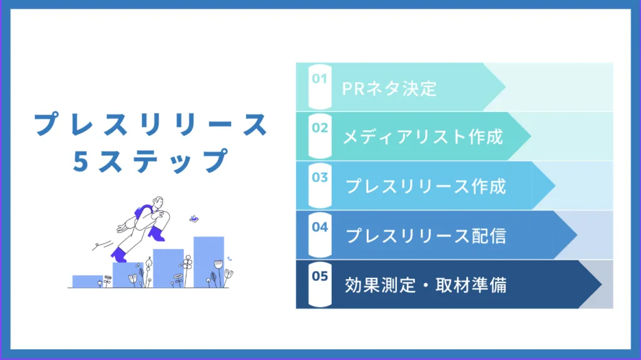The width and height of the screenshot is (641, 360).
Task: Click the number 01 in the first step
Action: coord(320,79)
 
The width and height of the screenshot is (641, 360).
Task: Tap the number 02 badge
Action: coord(320,128)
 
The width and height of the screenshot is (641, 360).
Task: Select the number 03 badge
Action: coord(320,177)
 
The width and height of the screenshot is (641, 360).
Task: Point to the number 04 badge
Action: coord(320,227)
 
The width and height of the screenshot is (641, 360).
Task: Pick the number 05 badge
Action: coord(320,275)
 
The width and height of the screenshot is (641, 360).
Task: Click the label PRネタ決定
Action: coord(389,88)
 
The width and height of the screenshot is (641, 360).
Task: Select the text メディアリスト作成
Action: coord(423,136)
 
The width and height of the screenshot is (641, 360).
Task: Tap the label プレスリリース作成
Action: coord(426,186)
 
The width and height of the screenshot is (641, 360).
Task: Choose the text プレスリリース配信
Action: coord(426,235)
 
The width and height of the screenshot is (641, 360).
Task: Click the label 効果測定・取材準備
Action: coord(426,285)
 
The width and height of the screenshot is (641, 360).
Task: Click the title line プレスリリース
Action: coord(150,125)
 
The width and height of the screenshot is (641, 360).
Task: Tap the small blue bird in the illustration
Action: coord(194,219)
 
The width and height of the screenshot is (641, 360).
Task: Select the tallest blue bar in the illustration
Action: coord(208,261)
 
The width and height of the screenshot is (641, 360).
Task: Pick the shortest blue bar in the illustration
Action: coord(87,281)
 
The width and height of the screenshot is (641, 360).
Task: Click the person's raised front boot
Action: coord(156,234)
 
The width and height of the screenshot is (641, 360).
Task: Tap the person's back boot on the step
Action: coord(118,255)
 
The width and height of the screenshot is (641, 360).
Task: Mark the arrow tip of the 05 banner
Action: coord(600,285)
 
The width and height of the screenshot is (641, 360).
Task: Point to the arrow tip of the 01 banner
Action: coord(504,86)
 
